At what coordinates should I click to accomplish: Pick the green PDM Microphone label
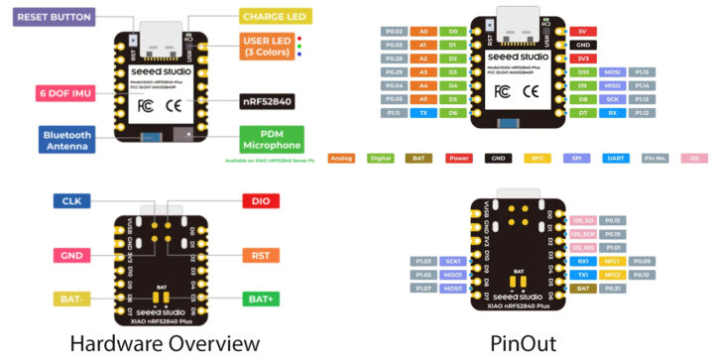[272, 140]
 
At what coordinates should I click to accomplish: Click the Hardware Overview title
[165, 343]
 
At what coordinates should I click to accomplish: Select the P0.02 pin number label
[394, 31]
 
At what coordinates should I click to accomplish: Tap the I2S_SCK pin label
[582, 233]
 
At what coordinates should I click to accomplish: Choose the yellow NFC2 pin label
[613, 274]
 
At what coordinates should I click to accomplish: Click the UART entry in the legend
[612, 158]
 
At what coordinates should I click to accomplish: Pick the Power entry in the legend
[458, 158]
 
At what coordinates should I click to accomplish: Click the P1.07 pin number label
[423, 288]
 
